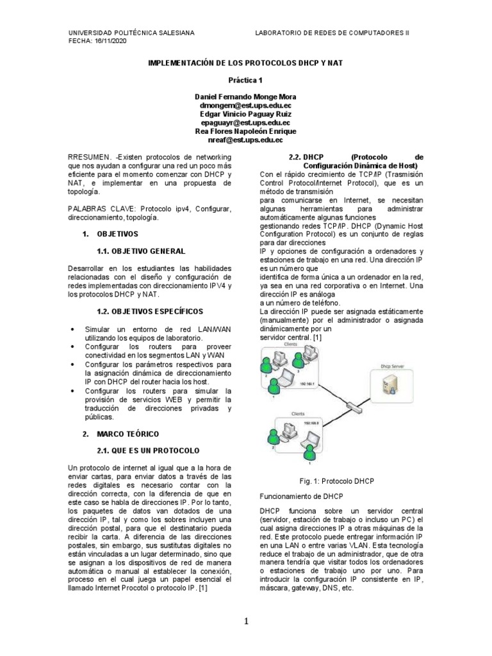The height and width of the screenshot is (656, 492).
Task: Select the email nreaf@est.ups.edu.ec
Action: [x=245, y=139]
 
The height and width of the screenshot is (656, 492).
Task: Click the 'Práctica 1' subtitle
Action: [x=245, y=81]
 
